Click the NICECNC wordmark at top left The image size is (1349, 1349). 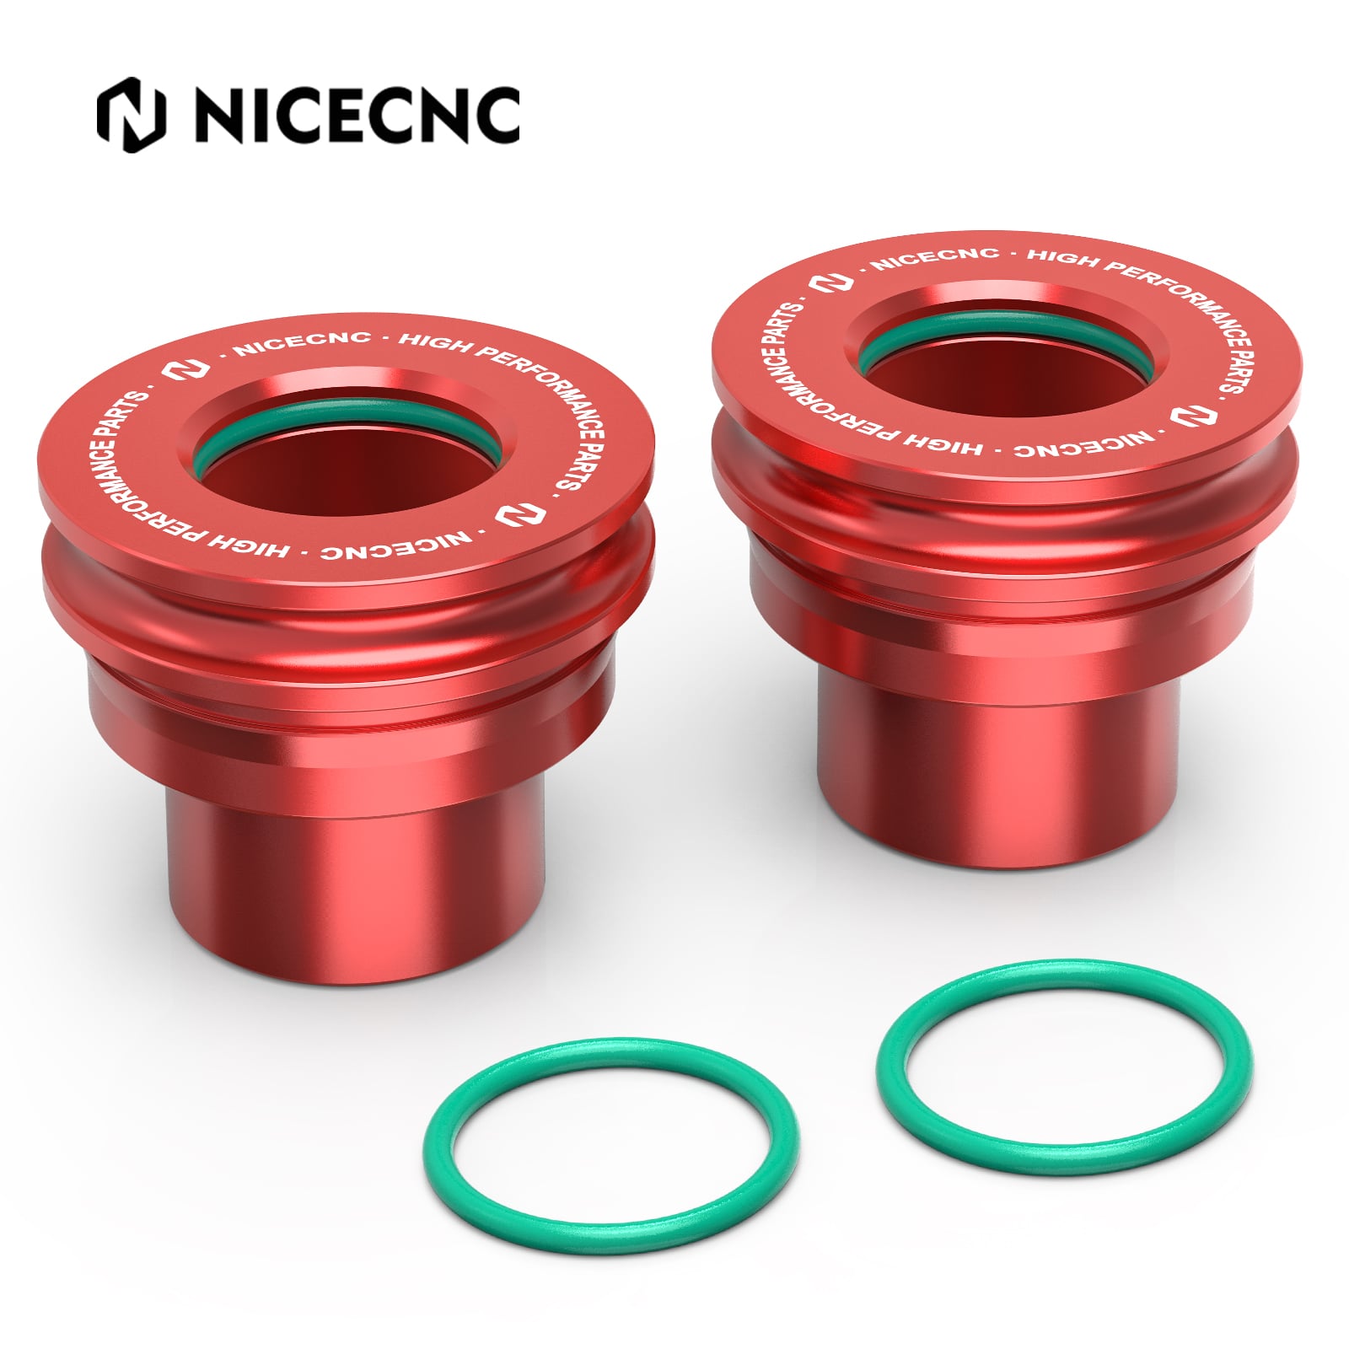pyautogui.click(x=357, y=116)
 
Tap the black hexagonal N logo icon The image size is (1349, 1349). pyautogui.click(x=131, y=116)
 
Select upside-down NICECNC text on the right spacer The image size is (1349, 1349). pyautogui.click(x=1083, y=445)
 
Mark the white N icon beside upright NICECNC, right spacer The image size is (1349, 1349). pyautogui.click(x=830, y=282)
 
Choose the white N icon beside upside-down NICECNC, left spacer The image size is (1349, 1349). pyautogui.click(x=509, y=513)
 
